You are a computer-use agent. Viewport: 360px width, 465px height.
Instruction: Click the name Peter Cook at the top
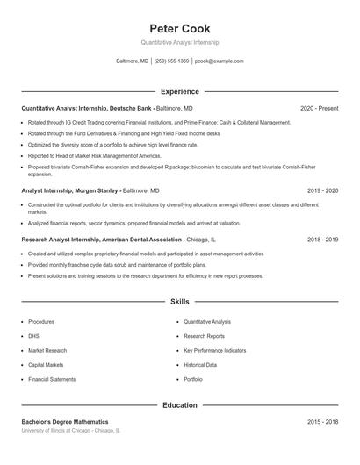(x=180, y=28)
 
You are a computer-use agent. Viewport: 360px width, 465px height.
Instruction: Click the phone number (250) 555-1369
(x=171, y=61)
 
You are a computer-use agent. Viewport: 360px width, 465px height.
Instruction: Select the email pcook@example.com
(x=219, y=61)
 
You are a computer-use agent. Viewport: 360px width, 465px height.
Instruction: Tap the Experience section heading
(x=180, y=91)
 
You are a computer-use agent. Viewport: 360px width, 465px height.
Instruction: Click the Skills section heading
(x=180, y=301)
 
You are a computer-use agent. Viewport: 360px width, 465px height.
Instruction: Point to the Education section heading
(x=180, y=405)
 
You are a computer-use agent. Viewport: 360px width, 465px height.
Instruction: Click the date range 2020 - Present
(x=319, y=108)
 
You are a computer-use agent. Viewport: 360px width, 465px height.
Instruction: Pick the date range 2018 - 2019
(x=322, y=239)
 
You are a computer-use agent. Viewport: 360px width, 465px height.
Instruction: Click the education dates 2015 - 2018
(x=322, y=422)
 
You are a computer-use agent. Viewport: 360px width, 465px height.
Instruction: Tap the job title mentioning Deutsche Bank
(x=87, y=108)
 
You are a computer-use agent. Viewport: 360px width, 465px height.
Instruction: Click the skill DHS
(x=33, y=336)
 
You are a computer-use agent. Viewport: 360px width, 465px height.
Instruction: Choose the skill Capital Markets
(x=46, y=364)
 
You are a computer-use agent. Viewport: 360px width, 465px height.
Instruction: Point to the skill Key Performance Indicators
(x=214, y=350)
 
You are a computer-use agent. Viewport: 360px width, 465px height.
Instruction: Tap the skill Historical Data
(x=200, y=364)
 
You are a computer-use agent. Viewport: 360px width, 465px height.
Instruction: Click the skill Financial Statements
(x=52, y=379)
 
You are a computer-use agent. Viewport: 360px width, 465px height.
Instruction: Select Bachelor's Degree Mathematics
(x=65, y=422)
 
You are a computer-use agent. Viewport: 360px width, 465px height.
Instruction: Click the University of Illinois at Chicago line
(x=70, y=431)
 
